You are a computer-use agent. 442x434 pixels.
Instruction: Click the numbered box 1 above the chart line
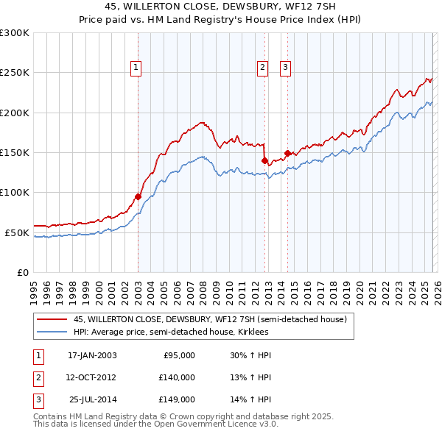[137, 68]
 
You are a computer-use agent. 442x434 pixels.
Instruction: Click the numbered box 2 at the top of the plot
[262, 68]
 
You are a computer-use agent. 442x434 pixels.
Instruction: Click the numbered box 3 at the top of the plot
[285, 68]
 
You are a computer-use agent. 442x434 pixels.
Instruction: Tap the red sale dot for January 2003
[138, 196]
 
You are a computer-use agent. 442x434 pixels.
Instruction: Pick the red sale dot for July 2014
[287, 153]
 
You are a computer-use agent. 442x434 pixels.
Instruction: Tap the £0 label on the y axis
[21, 272]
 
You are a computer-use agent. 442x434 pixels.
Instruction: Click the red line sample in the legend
[52, 320]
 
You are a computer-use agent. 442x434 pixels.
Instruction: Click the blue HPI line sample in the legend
[52, 332]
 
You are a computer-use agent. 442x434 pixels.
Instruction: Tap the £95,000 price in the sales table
[178, 355]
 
